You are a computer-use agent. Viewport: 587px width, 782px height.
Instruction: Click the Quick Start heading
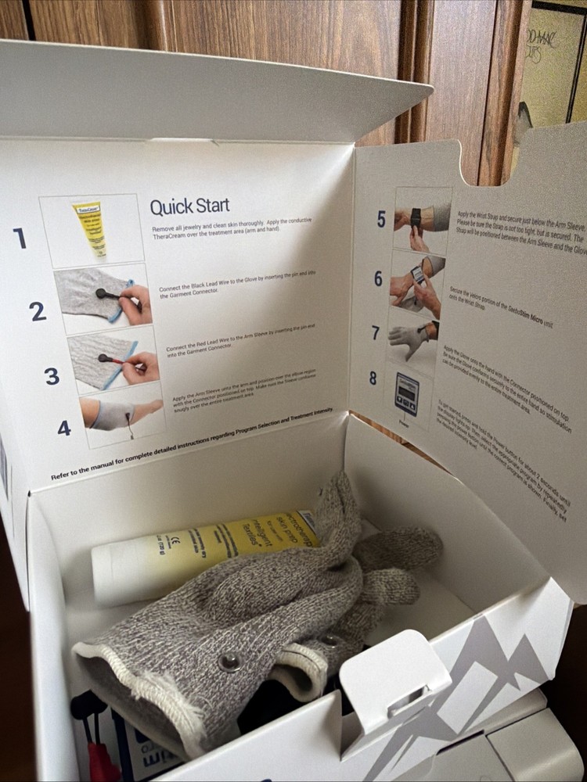pyautogui.click(x=189, y=206)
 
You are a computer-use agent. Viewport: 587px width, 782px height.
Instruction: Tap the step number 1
pyautogui.click(x=20, y=238)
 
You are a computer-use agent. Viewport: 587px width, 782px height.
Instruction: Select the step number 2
pyautogui.click(x=38, y=311)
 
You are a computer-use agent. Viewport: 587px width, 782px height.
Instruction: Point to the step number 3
pyautogui.click(x=52, y=376)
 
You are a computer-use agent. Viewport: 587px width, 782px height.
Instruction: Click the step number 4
pyautogui.click(x=64, y=428)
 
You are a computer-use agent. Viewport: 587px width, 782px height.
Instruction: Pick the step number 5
pyautogui.click(x=381, y=219)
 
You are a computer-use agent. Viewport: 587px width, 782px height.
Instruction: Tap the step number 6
pyautogui.click(x=378, y=278)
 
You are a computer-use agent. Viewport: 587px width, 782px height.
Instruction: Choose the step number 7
pyautogui.click(x=376, y=333)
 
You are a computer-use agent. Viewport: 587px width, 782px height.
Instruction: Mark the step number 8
pyautogui.click(x=373, y=378)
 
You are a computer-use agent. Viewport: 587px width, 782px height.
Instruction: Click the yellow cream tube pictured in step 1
pyautogui.click(x=91, y=228)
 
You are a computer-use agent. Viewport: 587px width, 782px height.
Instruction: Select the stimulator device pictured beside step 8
pyautogui.click(x=407, y=393)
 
